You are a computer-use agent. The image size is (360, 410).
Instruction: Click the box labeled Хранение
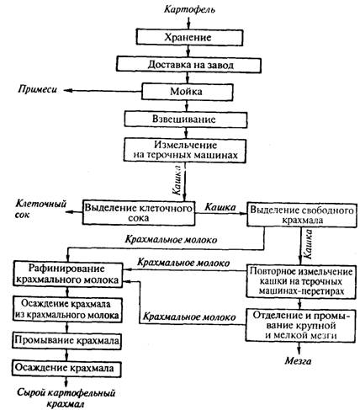(189, 37)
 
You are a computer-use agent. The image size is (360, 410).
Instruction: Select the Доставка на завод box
(189, 65)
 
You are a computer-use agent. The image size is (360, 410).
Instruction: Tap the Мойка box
(188, 92)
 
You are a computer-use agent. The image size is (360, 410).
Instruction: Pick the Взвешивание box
(186, 120)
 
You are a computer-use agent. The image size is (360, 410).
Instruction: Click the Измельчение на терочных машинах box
(185, 151)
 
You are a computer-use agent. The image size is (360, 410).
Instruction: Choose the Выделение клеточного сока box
(139, 213)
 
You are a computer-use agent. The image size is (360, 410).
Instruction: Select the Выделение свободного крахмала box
(302, 215)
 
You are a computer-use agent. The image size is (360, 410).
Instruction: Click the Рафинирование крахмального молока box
(67, 274)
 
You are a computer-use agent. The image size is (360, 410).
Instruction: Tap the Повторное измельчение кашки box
(301, 281)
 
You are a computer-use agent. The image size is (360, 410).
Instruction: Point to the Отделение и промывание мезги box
(300, 325)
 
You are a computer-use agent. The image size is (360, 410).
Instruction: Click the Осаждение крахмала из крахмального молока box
(67, 310)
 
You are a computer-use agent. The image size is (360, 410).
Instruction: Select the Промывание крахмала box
(67, 341)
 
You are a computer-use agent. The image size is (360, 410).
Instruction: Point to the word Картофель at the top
(189, 10)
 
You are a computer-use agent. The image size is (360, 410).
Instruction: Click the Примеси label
(38, 89)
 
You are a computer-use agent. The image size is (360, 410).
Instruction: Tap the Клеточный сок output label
(41, 209)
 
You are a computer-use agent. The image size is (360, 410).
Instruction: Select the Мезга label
(299, 361)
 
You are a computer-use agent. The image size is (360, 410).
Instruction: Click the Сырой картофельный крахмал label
(66, 398)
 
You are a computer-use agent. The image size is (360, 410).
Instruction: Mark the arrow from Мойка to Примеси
(103, 90)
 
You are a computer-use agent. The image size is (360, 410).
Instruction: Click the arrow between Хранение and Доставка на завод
(188, 51)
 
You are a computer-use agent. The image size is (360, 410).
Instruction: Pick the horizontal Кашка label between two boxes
(220, 207)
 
